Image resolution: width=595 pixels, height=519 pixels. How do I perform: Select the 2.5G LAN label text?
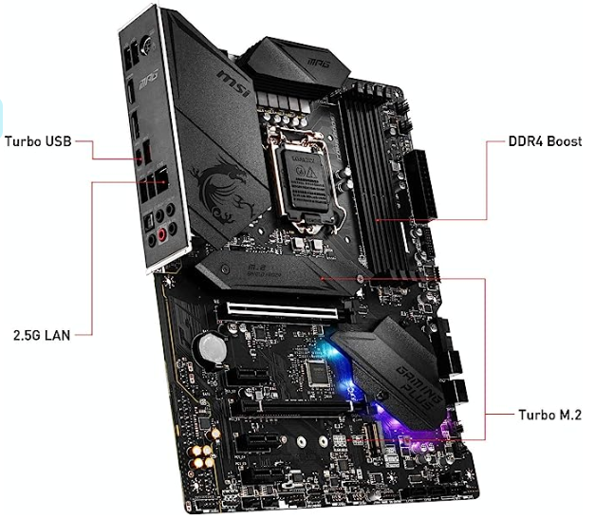[x=39, y=334]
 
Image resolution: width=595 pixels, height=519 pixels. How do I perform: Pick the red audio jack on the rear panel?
[x=163, y=233]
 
